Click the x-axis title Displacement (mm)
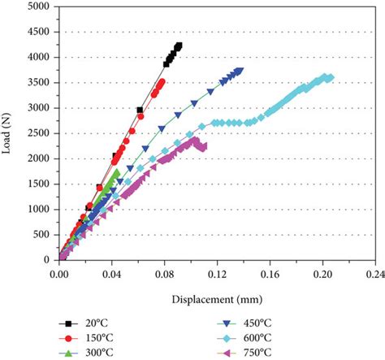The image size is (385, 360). point(214,297)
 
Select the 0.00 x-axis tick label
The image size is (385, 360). point(59,275)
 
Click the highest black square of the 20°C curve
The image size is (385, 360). point(179,46)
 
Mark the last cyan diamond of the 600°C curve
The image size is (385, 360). point(330,78)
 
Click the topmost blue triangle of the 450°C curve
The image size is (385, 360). point(240,71)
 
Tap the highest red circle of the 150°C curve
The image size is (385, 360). point(162,81)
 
